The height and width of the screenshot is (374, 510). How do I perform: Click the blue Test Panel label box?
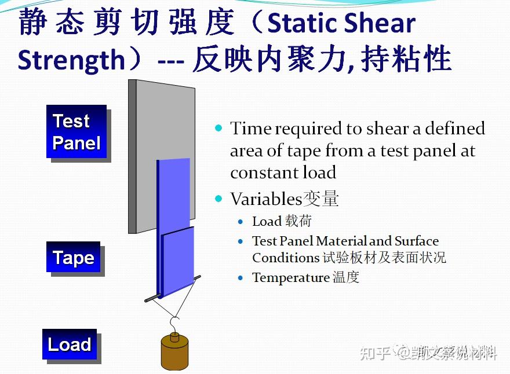(76, 131)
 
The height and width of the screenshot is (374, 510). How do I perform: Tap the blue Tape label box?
(73, 257)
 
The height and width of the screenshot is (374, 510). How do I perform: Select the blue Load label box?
(69, 344)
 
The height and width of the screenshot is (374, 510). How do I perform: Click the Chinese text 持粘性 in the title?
(406, 60)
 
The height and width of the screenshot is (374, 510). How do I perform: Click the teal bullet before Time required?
(218, 128)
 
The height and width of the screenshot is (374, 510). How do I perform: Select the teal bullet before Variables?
(218, 199)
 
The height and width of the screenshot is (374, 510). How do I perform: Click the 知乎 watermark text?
(376, 352)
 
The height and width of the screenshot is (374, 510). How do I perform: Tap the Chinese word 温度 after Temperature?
(346, 277)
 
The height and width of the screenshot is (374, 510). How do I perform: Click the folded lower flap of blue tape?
(178, 261)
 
